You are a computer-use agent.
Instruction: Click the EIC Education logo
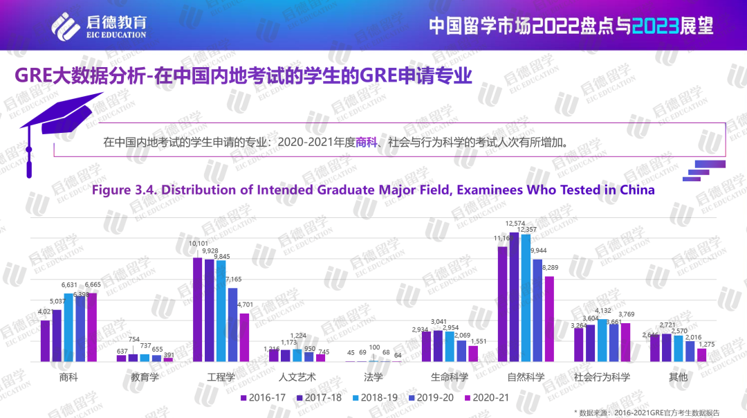coord(99,26)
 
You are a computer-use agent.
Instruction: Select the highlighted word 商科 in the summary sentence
coord(366,143)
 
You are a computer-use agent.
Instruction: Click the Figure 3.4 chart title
coord(373,190)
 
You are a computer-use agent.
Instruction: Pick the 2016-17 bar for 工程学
coord(197,309)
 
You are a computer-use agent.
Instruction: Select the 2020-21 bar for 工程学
coord(244,337)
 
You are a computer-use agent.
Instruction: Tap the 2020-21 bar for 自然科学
coord(549,318)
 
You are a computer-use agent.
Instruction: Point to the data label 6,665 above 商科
coord(93,284)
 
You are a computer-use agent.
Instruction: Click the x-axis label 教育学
coord(145,377)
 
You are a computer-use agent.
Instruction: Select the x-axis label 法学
coord(373,377)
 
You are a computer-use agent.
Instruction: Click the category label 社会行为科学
coord(602,377)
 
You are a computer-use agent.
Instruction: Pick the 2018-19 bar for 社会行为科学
coord(602,340)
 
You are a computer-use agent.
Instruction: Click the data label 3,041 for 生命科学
coord(439,322)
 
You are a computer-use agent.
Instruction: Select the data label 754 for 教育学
coord(133,339)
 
